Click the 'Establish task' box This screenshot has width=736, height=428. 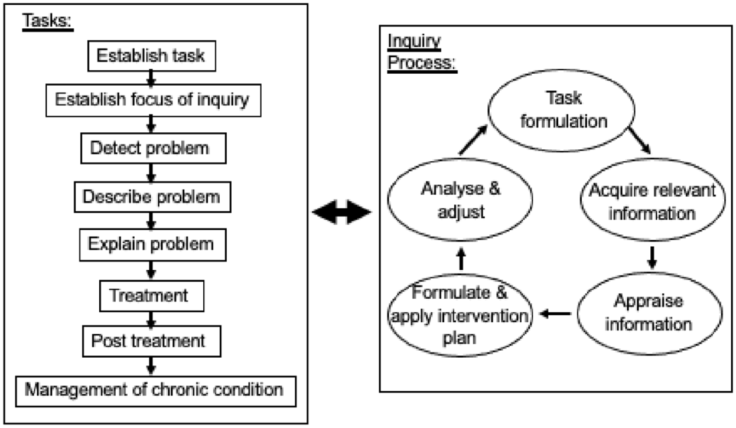click(152, 56)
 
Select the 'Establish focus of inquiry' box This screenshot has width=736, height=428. click(154, 100)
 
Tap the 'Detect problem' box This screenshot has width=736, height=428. click(154, 148)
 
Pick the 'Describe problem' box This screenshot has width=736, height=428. click(152, 197)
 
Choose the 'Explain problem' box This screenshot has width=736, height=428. click(153, 245)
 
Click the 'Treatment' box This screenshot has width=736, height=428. click(152, 296)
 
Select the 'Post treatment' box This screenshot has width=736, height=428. click(152, 341)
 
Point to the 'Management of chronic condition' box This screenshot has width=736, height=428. click(156, 391)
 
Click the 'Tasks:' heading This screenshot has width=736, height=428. click(47, 21)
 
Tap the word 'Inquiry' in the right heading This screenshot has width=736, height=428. click(414, 42)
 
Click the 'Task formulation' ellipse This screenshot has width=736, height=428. click(562, 111)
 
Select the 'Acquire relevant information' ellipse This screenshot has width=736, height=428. click(653, 200)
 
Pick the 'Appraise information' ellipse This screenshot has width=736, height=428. click(650, 313)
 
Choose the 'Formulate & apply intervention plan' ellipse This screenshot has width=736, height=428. click(460, 315)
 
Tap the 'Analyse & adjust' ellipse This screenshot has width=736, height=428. click(460, 200)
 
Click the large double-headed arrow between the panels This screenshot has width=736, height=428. click(341, 212)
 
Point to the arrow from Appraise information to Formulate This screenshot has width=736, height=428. click(555, 313)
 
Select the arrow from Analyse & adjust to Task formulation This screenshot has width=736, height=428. click(473, 139)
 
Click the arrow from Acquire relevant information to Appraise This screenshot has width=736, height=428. click(652, 258)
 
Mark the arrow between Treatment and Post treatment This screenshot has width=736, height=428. click(151, 319)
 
